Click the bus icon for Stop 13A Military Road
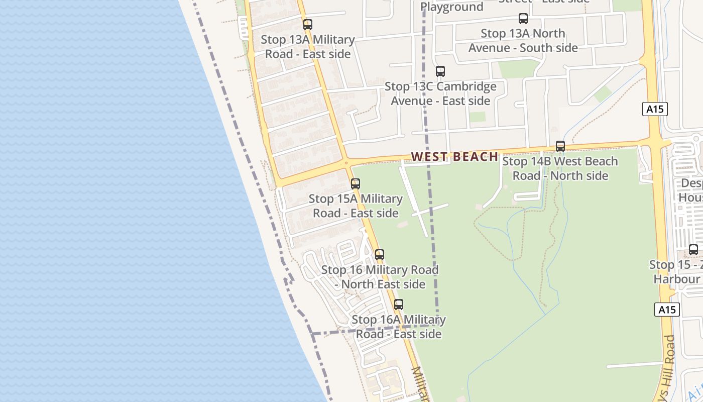coord(308,24)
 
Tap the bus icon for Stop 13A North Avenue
coord(523,19)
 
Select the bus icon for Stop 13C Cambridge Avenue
coord(440,71)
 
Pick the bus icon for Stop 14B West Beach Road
coord(560,146)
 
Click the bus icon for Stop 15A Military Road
coord(356,184)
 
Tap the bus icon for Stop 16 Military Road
coord(380,255)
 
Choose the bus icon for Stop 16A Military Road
coord(399,305)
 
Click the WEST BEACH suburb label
coord(454,157)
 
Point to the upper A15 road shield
coord(655,109)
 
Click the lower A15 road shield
coord(667,310)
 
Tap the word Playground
coord(452,7)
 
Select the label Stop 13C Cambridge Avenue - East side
coord(440,93)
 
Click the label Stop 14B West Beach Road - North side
coord(560,168)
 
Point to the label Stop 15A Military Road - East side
coord(356,206)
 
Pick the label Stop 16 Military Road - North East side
coord(380,277)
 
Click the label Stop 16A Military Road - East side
coord(399,327)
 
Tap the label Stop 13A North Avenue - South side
coord(523,41)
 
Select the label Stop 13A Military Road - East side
coord(308,46)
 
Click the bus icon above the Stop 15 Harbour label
coord(693,250)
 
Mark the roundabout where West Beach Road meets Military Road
coord(346,163)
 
